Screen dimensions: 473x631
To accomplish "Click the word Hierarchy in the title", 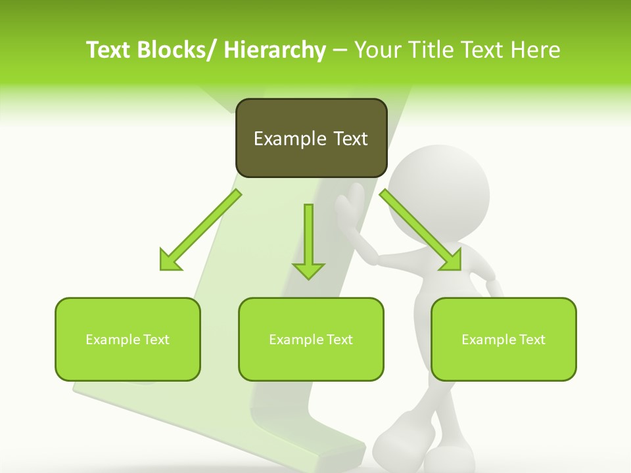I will [x=275, y=50].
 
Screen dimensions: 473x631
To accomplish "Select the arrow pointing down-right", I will [x=421, y=230].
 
